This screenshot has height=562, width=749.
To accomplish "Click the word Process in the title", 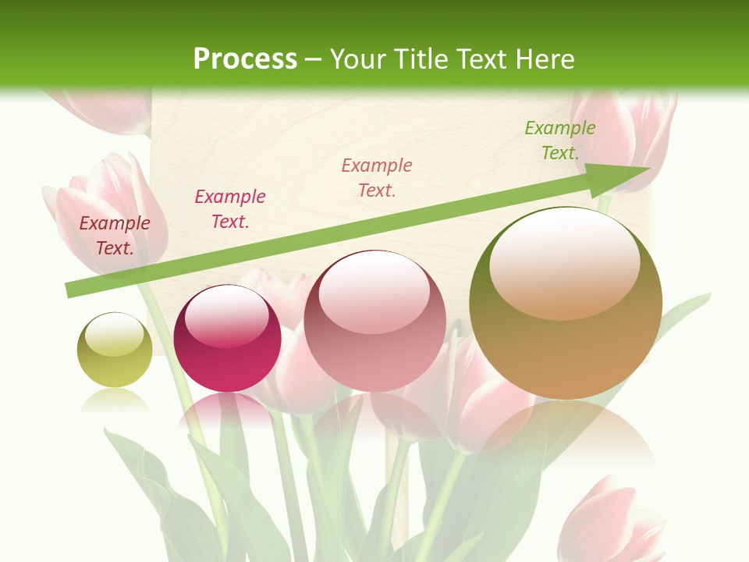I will (245, 59).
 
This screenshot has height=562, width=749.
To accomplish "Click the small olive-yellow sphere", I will (115, 350).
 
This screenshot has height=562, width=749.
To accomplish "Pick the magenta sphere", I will (227, 338).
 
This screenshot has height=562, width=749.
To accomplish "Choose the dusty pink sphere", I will (374, 321).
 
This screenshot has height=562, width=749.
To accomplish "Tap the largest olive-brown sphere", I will (566, 303).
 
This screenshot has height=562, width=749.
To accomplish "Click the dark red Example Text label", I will (115, 236).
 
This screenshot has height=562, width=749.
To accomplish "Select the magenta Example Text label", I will (230, 209).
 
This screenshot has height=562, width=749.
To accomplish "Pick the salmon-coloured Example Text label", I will (377, 178).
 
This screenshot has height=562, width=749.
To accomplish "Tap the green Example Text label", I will (560, 140).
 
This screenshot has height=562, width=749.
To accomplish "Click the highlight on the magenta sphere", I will (227, 316).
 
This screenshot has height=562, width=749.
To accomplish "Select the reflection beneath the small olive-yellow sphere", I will (115, 400).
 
